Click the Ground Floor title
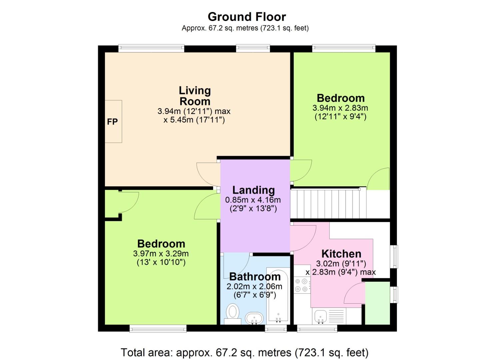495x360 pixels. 247,17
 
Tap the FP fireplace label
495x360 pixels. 112,122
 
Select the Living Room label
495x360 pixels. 195,96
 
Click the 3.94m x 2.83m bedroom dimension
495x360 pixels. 340,108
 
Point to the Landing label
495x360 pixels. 253,190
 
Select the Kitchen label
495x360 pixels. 341,254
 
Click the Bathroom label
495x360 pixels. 255,277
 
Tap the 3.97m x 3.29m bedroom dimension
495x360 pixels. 161,254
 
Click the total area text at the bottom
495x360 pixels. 244,352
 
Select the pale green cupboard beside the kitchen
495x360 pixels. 377,303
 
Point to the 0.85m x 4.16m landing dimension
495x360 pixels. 253,200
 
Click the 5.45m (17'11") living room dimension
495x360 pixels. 194,120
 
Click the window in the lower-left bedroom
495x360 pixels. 158,329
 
